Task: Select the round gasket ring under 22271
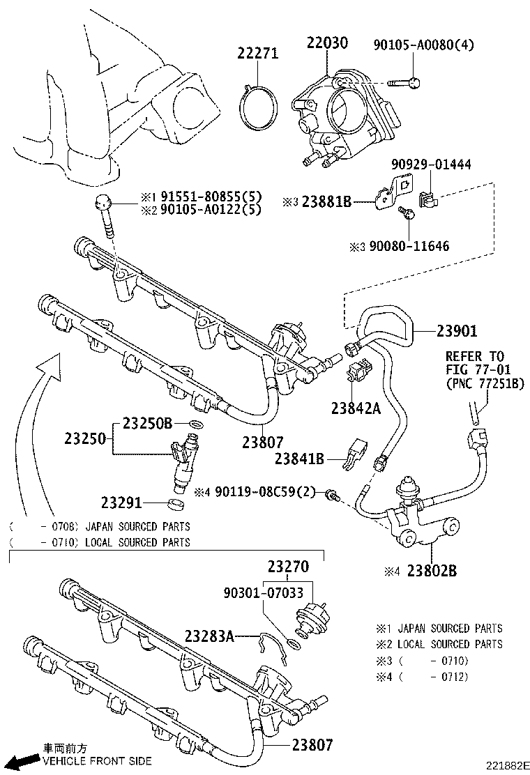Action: pos(257,109)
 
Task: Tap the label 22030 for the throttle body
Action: pos(326,43)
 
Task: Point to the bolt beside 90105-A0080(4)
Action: pos(400,84)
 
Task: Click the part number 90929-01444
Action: pos(431,165)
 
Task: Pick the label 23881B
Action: pos(326,202)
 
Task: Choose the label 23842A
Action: pos(356,409)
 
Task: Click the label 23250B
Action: pos(147,423)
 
